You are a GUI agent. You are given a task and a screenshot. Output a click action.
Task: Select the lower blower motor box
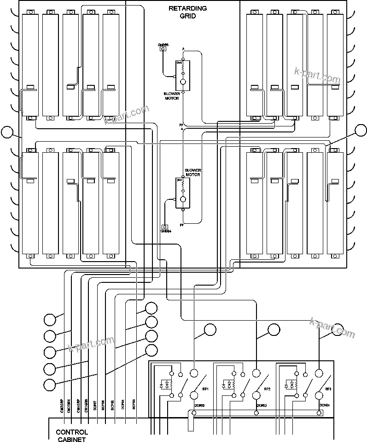pyautogui.click(x=182, y=193)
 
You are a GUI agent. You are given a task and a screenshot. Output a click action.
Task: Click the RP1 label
pyautogui.click(x=205, y=389)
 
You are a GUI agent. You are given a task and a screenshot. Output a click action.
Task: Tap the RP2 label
pyautogui.click(x=267, y=389)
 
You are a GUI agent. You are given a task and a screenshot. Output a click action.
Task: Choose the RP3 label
pyautogui.click(x=328, y=389)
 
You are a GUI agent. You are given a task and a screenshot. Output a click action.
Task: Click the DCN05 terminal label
pyautogui.click(x=198, y=406)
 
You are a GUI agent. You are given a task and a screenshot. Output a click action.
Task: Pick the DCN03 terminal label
pyautogui.click(x=261, y=406)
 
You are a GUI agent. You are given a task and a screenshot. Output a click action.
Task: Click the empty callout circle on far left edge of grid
pyautogui.click(x=7, y=132)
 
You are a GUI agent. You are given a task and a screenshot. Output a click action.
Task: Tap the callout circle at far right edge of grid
pyautogui.click(x=361, y=131)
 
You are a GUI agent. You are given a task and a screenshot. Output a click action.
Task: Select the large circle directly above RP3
pyautogui.click(x=318, y=373)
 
